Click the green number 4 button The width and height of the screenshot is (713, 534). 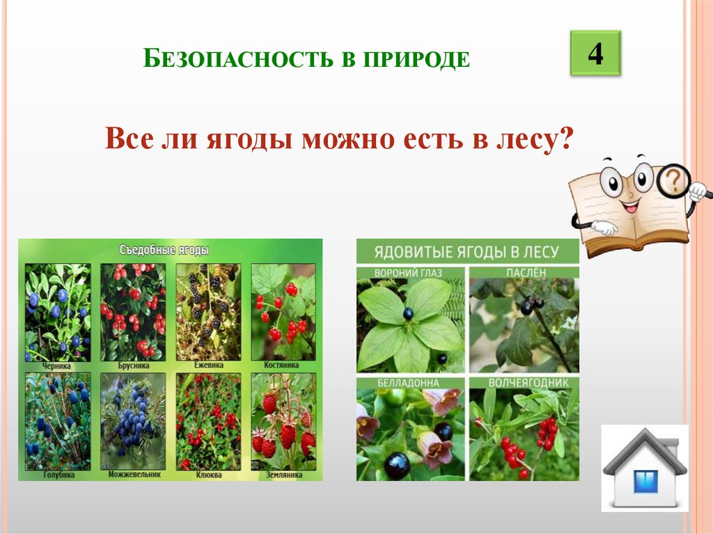[x=595, y=54]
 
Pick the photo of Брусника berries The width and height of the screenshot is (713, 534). [x=133, y=311]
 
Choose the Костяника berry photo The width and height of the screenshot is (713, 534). [x=282, y=311]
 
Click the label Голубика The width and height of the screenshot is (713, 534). [x=58, y=474]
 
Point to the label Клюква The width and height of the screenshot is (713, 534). [x=207, y=474]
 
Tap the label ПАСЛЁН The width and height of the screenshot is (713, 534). [x=523, y=272]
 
